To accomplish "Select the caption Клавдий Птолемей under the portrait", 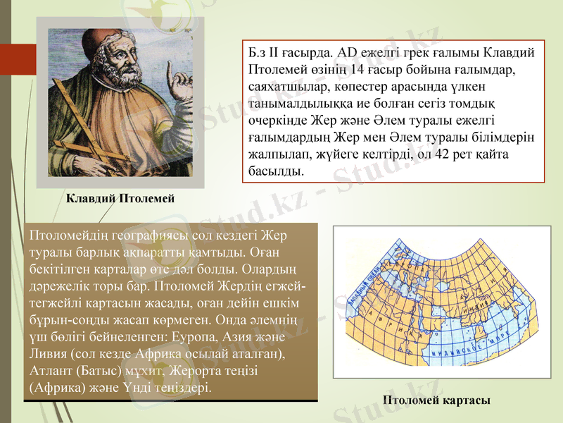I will [x=120, y=199].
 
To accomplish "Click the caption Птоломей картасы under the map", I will [x=436, y=400].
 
